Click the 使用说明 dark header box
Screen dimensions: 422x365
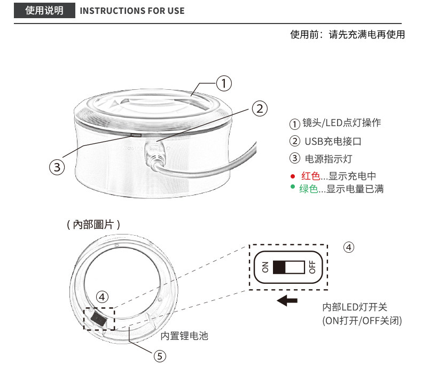pos(44,11)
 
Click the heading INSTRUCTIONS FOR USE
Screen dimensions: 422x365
pos(132,11)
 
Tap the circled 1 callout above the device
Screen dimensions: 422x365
pos(224,83)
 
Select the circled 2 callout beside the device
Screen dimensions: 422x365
pos(260,108)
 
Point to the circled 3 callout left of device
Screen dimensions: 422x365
pos(57,167)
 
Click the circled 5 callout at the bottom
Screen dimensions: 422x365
pos(160,356)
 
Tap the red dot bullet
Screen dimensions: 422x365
pos(293,176)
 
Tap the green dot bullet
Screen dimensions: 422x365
pos(293,187)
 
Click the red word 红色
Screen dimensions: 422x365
pos(310,176)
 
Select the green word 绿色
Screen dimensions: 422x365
pos(309,189)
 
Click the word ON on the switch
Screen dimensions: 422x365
pos(265,267)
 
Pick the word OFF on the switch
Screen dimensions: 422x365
pos(312,267)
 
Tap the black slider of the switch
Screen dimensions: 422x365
pos(279,267)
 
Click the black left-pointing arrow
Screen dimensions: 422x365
pos(287,300)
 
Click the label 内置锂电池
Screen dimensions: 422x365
pos(184,336)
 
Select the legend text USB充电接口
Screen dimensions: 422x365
pos(333,141)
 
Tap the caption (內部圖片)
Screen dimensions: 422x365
pos(93,224)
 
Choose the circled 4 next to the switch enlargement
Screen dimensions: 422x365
pos(349,247)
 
